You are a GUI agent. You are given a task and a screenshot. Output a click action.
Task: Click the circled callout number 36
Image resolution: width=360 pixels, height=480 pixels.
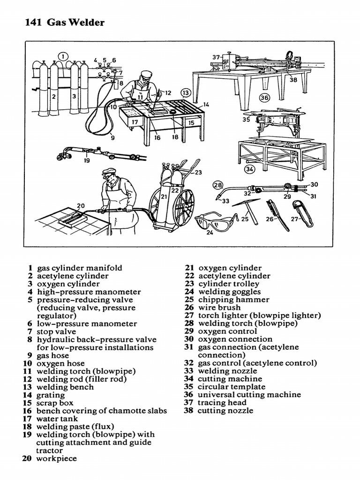tap(265, 97)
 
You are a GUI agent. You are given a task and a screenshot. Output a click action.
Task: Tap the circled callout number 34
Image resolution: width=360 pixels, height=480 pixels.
tap(250, 169)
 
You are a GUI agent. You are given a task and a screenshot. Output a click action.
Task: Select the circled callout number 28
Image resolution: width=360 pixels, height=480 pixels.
tap(218, 185)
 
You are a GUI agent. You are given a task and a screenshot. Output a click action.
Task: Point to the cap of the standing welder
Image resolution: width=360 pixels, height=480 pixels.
tap(109, 172)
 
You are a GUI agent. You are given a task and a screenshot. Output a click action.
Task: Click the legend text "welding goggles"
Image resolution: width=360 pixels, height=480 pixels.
tap(229, 292)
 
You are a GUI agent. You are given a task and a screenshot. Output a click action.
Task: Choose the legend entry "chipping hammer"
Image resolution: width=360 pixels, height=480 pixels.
tap(233, 300)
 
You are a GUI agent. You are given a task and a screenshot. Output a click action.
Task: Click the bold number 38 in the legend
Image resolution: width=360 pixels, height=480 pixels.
tap(189, 411)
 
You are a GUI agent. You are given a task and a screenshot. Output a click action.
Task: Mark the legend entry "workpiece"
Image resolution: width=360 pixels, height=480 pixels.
tap(56, 458)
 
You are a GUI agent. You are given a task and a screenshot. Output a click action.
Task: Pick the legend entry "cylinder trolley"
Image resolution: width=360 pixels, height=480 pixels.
tap(228, 284)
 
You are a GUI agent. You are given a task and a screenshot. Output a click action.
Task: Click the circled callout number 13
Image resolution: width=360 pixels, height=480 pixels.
tap(186, 93)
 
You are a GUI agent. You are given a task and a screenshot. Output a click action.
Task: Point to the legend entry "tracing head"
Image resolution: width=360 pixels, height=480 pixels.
tap(222, 403)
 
